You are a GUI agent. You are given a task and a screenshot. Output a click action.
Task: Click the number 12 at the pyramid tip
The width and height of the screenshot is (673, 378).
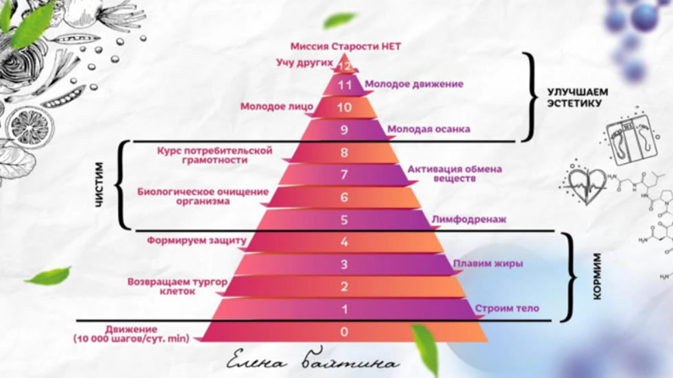345,66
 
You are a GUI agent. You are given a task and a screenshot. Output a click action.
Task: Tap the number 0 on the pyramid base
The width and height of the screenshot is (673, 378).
344,331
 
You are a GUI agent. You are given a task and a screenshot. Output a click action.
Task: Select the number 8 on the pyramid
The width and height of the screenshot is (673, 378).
344,152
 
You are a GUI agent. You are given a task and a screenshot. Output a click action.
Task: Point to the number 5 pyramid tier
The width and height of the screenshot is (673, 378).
344,220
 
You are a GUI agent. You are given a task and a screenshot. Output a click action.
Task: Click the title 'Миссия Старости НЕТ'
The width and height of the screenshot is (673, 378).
345,47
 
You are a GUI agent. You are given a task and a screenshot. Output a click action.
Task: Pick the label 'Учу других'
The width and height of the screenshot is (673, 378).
304,62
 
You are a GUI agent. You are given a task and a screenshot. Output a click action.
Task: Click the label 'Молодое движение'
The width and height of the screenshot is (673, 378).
414,84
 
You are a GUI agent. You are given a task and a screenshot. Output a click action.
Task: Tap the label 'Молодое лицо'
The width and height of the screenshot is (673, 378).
277,106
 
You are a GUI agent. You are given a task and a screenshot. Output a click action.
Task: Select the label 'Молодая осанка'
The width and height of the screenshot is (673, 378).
428,129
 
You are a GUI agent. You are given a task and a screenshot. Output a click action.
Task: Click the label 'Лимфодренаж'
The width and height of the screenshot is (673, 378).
469,220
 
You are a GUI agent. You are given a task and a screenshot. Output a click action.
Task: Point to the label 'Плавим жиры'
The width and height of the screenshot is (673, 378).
488,263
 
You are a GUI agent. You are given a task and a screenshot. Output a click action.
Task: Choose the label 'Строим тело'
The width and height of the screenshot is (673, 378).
507,309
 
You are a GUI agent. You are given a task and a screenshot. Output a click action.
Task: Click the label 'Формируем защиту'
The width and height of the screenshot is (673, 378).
197,241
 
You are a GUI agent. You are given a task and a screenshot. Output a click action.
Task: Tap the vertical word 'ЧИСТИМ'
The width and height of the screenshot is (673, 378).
99,185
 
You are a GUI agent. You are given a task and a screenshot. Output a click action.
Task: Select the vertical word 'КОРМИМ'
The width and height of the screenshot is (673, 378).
597,276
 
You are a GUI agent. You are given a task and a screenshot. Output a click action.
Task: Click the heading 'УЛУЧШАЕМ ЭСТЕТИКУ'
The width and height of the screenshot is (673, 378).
577,98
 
